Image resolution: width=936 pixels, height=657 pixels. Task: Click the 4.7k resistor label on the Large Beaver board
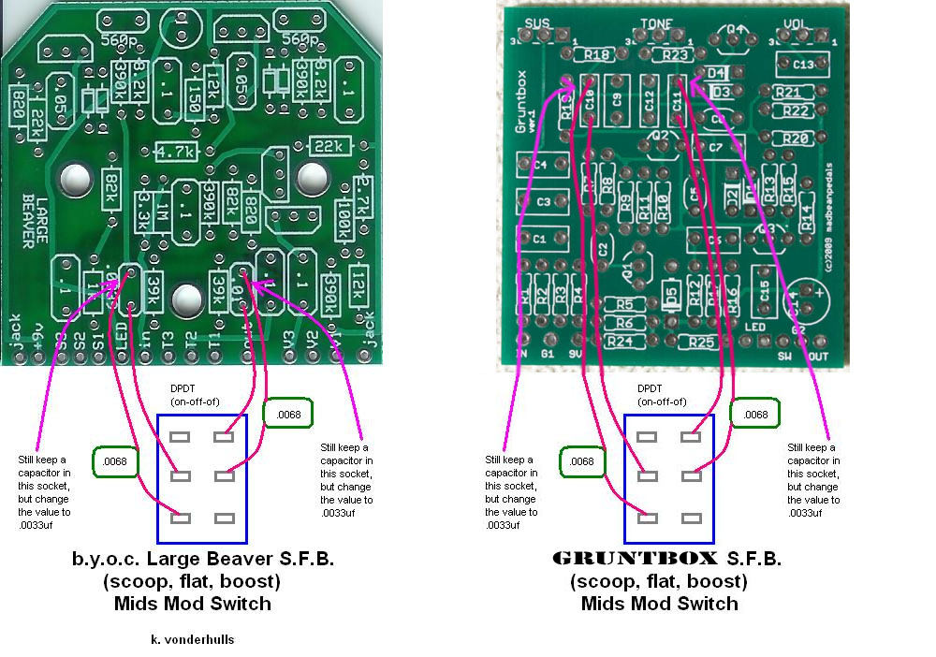coord(174,152)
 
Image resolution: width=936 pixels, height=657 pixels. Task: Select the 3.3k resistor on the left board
coord(143,208)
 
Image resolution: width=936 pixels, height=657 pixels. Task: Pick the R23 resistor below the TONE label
coord(676,56)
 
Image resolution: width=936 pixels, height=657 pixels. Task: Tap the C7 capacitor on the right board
coord(716,148)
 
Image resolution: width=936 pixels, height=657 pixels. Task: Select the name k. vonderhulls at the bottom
coord(193,640)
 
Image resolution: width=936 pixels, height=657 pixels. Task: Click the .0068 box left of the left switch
coord(116,460)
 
